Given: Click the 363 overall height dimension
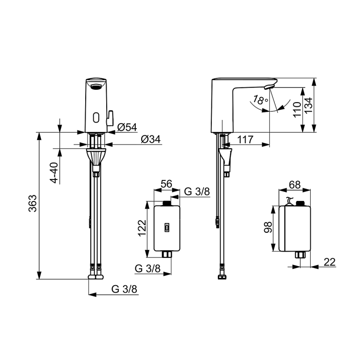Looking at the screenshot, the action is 32,203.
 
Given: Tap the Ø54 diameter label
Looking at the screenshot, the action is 127,127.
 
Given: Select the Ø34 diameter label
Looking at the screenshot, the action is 151,139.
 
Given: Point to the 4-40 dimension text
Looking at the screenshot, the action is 54,173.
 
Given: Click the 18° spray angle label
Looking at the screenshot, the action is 260,100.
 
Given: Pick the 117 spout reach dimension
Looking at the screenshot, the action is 245,139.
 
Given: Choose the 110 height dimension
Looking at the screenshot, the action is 297,110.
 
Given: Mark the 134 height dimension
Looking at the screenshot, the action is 309,105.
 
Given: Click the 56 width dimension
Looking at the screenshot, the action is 166,184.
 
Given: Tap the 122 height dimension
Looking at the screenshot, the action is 142,228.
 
